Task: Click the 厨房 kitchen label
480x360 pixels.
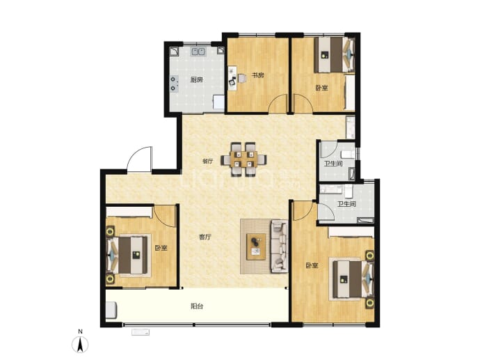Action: coord(197,80)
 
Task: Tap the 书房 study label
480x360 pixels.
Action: coord(258,75)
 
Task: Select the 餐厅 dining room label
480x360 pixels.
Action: coord(208,161)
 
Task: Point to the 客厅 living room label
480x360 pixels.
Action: coord(205,237)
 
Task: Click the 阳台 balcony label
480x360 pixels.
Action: coord(197,306)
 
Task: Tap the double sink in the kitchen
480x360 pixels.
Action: coord(199,51)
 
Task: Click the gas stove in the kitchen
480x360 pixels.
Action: coord(174,84)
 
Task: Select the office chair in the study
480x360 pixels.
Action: coord(242,78)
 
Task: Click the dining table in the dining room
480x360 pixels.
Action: coord(243,159)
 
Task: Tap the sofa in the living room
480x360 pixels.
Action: coord(279,246)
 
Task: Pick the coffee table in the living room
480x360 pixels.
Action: coord(256,246)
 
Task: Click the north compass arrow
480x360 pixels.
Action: coord(80,345)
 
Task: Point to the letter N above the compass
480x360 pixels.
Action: coord(80,331)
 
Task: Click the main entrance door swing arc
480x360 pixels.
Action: coord(138,155)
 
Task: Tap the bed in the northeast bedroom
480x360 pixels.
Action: coord(335,54)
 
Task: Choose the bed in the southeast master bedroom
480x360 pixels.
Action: coord(353,279)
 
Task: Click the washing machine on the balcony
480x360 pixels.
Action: coord(111,310)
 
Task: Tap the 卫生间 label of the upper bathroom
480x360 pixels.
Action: coord(333,164)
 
